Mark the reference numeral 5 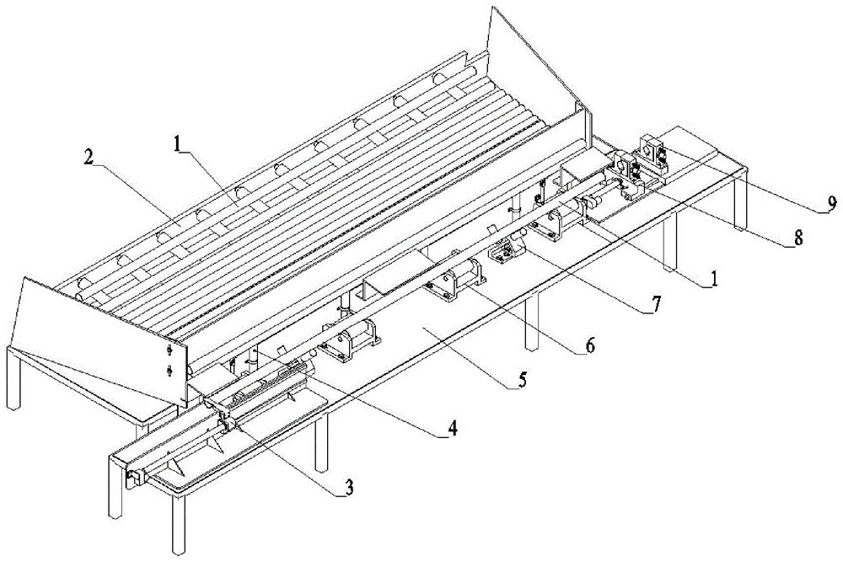522,379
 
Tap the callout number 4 452,428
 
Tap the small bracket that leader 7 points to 505,251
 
